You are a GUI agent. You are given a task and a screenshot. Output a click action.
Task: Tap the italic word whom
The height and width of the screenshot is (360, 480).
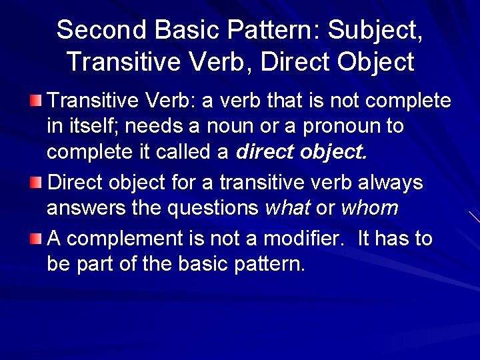tap(369, 209)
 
